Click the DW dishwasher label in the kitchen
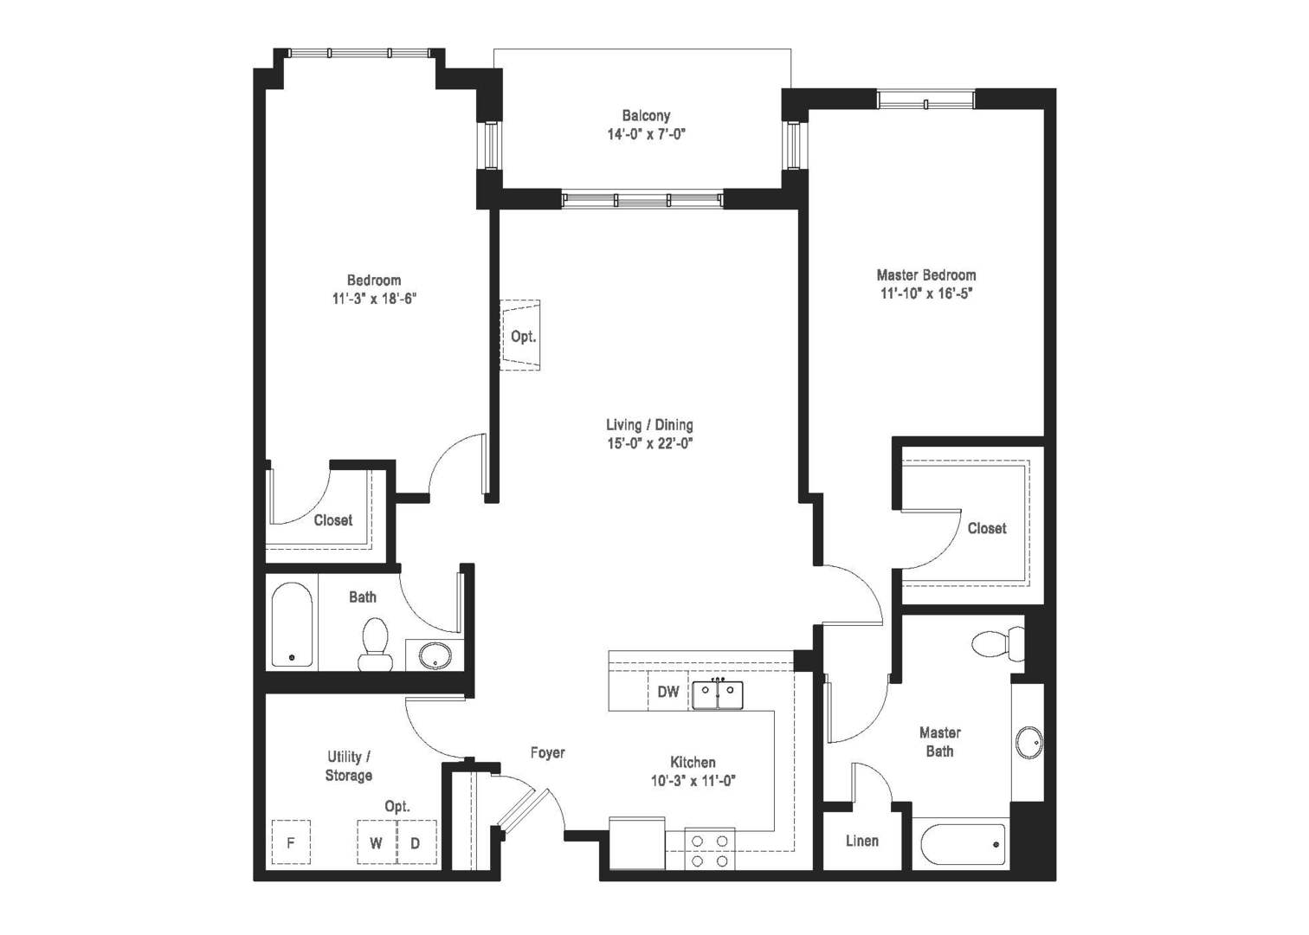click(667, 692)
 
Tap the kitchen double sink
click(717, 694)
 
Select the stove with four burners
click(710, 849)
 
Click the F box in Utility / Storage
click(291, 842)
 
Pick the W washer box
click(377, 842)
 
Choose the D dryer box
click(416, 842)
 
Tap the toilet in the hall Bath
click(375, 644)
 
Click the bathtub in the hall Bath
click(292, 625)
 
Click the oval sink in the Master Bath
click(1028, 742)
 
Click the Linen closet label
click(861, 841)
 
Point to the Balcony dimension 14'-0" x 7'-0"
click(646, 134)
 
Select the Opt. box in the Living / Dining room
click(521, 336)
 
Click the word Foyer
click(547, 753)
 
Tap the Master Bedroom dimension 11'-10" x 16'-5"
click(926, 293)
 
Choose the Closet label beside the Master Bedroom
click(987, 528)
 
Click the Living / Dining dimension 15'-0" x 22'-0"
click(649, 444)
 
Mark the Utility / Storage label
click(349, 766)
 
